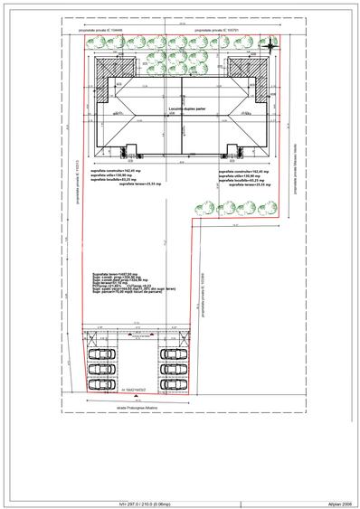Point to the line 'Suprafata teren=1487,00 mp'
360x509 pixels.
[x=115, y=271]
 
